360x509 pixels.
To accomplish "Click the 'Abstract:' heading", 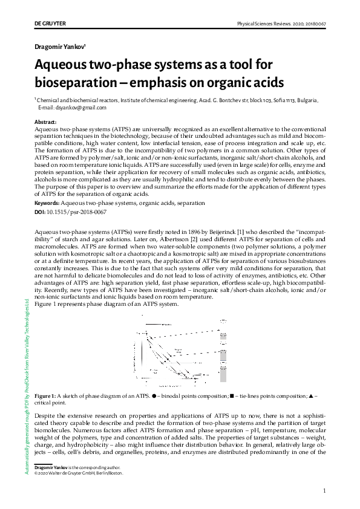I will coord(46,123).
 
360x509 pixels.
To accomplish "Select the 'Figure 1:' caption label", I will coord(46,395).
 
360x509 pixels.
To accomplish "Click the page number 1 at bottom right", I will coord(325,490).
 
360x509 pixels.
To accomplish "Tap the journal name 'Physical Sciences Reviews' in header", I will coord(269,23).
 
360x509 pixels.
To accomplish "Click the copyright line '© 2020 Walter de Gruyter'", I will coord(79,473).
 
